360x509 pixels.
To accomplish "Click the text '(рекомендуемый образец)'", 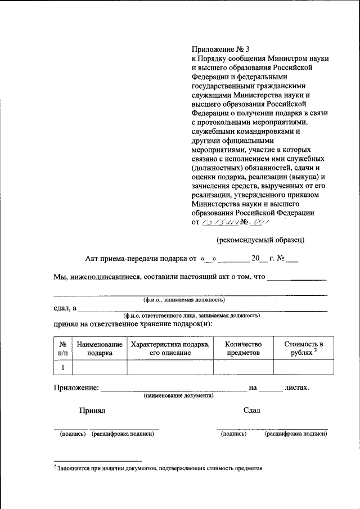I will [x=261, y=240].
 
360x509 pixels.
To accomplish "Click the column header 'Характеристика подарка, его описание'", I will [x=170, y=348].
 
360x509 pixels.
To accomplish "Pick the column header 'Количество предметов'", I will [x=243, y=348].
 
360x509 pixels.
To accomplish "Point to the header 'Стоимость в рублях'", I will [x=303, y=348].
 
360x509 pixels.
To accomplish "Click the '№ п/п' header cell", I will [x=63, y=348].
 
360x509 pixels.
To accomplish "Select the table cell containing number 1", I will [x=63, y=367].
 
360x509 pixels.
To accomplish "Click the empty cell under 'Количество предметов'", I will [x=243, y=367].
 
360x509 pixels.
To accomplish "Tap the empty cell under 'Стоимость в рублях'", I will [x=303, y=367].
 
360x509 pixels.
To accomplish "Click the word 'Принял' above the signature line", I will [x=92, y=411].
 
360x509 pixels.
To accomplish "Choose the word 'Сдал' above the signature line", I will [x=252, y=411].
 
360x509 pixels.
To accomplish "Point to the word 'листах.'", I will [x=297, y=388].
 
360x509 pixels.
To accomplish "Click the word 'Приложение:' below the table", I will [x=76, y=388].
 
